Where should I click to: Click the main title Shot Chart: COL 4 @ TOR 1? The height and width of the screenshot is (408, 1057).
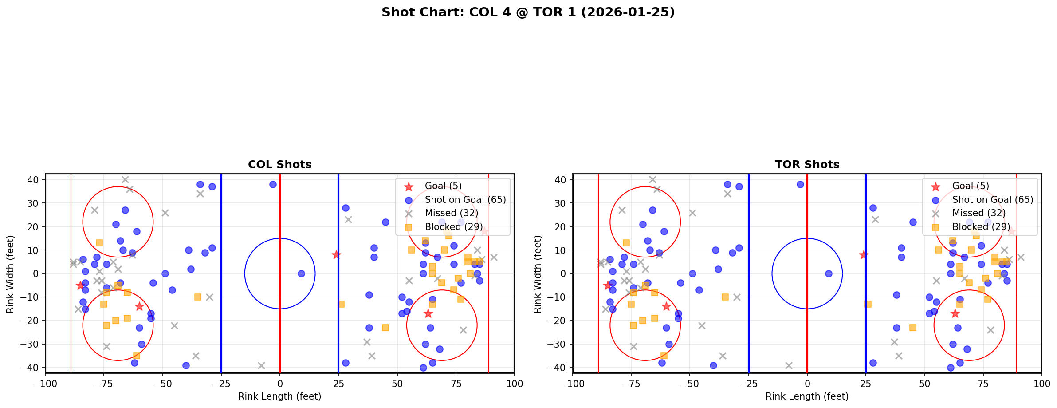coord(528,12)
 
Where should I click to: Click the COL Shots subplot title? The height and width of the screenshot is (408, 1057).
coord(279,165)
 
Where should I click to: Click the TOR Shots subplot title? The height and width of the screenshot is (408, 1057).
coord(807,165)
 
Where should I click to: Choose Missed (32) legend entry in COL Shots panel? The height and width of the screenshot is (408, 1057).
coord(451,214)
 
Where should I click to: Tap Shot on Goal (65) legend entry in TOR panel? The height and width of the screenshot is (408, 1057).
coord(992,200)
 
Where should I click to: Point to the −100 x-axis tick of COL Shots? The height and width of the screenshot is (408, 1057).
coord(45,384)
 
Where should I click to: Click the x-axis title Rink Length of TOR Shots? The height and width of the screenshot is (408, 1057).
coord(807,396)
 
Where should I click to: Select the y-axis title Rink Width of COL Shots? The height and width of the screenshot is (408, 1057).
coord(10,274)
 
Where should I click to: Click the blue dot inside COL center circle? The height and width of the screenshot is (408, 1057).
coord(301,273)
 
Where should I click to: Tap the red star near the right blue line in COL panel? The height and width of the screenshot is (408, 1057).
coord(336,255)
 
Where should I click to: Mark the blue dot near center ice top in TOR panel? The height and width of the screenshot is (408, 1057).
coord(800,184)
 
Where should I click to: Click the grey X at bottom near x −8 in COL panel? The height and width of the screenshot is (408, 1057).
coord(261,365)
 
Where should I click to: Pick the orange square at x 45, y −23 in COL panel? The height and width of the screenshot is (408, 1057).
coord(385,328)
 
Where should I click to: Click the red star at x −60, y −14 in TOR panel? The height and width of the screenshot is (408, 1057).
coord(666,306)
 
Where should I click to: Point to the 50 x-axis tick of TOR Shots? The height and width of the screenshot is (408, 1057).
coord(924,384)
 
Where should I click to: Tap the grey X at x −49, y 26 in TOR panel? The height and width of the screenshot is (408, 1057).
coord(692,213)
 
